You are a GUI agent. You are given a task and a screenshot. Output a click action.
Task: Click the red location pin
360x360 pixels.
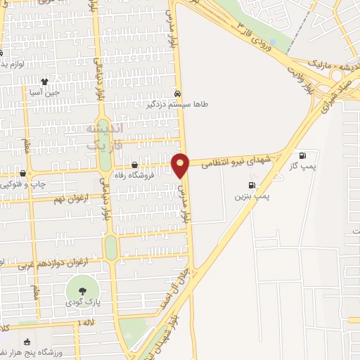pyautogui.click(x=181, y=166)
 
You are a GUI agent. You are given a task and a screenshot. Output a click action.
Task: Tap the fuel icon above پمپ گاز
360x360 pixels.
pyautogui.click(x=302, y=155)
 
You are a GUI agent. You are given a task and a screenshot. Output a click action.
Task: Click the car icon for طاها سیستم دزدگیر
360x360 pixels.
pyautogui.click(x=176, y=93)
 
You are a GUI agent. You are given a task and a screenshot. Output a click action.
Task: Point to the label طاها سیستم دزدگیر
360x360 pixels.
pyautogui.click(x=176, y=104)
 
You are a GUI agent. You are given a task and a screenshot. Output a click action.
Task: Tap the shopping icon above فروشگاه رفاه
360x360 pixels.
pyautogui.click(x=134, y=165)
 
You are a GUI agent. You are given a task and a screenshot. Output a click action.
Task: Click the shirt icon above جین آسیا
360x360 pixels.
pyautogui.click(x=45, y=82)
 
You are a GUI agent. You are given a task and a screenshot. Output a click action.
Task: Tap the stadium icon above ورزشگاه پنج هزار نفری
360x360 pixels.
pyautogui.click(x=27, y=342)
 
